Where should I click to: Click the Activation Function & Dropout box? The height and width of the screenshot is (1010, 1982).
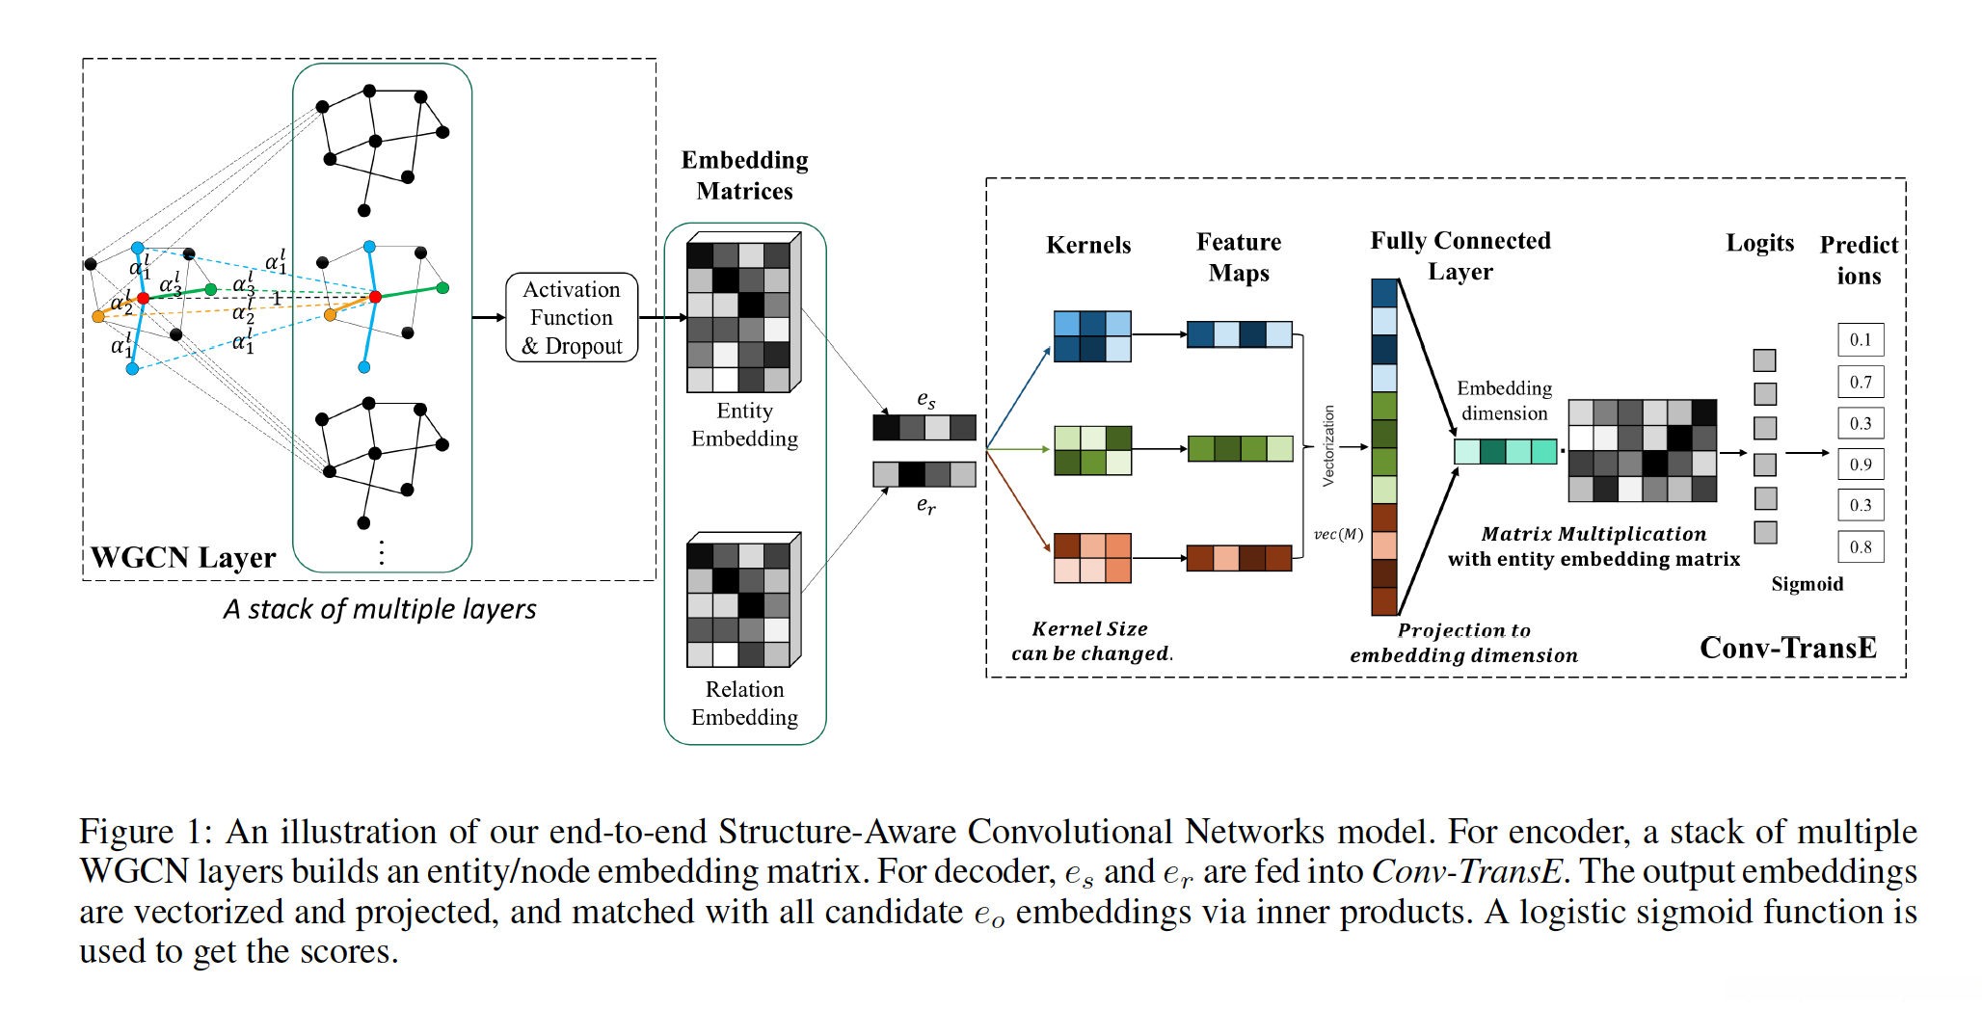pos(572,317)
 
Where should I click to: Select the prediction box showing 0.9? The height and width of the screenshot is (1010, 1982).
pos(1860,465)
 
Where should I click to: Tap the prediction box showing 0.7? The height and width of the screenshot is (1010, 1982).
pos(1860,382)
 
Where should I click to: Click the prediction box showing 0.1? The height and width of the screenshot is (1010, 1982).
pos(1860,340)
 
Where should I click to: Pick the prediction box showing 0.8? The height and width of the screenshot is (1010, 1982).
pos(1860,547)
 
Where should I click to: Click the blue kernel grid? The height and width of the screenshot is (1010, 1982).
pos(1092,336)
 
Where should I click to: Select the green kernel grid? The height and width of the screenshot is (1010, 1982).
pos(1092,450)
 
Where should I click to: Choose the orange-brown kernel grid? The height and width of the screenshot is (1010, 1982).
pos(1092,558)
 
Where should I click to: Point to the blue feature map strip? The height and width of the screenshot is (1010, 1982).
pos(1239,334)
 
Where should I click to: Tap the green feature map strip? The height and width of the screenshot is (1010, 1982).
pos(1240,449)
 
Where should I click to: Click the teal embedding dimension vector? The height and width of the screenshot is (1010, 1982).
pos(1505,451)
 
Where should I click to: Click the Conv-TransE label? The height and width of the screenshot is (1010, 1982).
pos(1787,648)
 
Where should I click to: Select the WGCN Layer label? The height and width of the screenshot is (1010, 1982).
pos(183,558)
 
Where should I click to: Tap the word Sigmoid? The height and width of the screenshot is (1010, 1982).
pos(1807,584)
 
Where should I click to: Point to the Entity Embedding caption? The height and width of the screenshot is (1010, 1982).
pos(744,425)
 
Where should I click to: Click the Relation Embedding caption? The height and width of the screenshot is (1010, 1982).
pos(744,704)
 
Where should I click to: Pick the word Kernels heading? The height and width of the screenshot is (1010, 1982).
pos(1088,245)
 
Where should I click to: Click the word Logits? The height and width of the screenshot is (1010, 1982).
pos(1759,243)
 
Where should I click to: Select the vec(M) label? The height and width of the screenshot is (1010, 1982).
pos(1338,534)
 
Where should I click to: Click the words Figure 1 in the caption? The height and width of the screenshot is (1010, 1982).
pos(140,832)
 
